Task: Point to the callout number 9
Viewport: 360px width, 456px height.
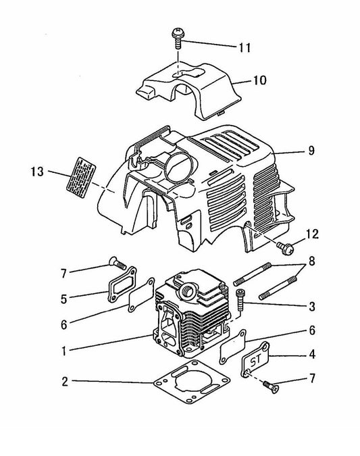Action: pyautogui.click(x=311, y=151)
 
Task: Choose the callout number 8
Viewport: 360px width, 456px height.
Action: pyautogui.click(x=311, y=261)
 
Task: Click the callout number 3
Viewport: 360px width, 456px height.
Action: pyautogui.click(x=311, y=307)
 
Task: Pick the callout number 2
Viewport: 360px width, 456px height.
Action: pyautogui.click(x=63, y=382)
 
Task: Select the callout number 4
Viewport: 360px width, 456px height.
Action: pyautogui.click(x=311, y=353)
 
